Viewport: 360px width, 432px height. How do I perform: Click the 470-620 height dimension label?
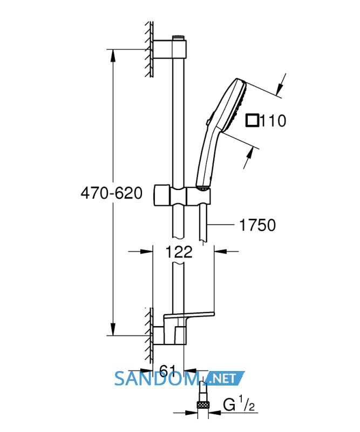tap(112, 193)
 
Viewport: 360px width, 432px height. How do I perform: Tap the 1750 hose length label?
tap(257, 225)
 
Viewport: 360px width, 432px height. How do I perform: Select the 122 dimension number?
tap(179, 252)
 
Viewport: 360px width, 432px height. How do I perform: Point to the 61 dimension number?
tap(167, 370)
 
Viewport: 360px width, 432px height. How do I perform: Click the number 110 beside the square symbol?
tap(273, 121)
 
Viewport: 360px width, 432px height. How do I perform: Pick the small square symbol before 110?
tap(252, 121)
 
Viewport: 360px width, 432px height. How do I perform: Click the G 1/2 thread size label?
tap(239, 405)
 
